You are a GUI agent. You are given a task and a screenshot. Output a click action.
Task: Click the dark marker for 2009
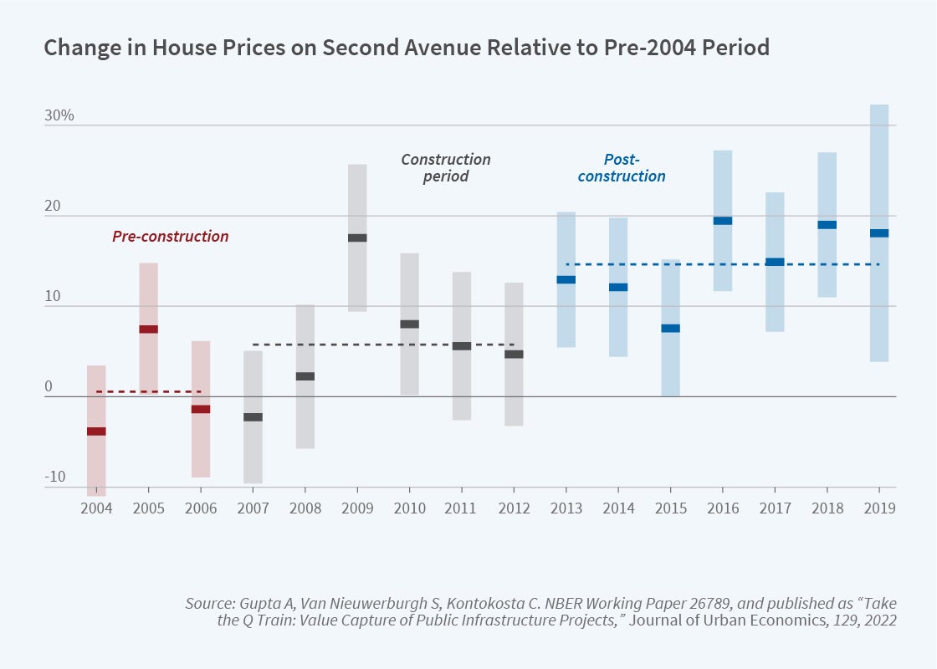(357, 237)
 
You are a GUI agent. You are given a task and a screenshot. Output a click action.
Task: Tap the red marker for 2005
(148, 329)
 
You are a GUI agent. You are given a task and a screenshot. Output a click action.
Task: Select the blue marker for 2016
(723, 221)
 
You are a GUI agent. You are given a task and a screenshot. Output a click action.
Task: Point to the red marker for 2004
(96, 432)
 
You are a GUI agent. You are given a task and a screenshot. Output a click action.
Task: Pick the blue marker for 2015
(670, 328)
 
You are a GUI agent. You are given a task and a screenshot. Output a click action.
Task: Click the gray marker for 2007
(253, 416)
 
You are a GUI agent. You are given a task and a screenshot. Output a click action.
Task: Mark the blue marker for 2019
(879, 233)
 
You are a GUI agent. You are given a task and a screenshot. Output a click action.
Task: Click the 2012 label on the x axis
(514, 508)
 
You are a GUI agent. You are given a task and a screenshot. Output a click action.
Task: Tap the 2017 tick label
(775, 508)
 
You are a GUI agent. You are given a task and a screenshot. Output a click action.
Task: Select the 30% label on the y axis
(59, 115)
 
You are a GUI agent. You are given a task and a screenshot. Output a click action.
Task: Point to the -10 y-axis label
(55, 477)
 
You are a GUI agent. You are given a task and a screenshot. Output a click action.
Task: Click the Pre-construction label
(171, 237)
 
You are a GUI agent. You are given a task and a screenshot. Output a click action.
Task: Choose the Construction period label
(446, 167)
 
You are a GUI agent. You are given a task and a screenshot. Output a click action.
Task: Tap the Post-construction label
(622, 167)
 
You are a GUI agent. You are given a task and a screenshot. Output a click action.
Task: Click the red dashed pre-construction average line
(149, 391)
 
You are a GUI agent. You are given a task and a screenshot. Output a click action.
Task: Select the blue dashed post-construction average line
(723, 264)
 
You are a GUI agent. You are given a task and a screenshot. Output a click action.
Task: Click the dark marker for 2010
(409, 324)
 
